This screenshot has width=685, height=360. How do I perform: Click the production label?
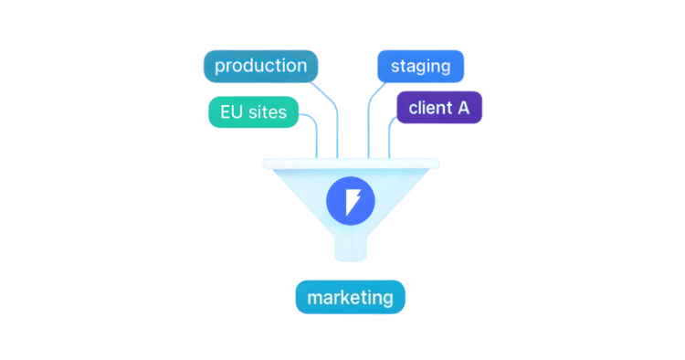tap(260, 66)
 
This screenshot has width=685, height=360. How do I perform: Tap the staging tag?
tap(420, 67)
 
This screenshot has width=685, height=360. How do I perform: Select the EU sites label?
tap(253, 112)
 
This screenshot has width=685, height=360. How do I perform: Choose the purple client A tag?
tap(438, 108)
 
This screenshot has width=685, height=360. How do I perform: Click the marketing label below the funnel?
tap(350, 298)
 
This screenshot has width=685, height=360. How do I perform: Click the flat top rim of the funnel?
tap(351, 164)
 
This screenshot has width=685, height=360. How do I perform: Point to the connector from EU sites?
tap(317, 137)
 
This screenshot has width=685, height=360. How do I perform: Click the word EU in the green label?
tap(231, 112)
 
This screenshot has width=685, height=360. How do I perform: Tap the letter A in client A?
tap(463, 108)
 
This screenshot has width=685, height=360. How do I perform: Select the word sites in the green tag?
tap(267, 112)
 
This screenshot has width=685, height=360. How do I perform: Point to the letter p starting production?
tap(220, 68)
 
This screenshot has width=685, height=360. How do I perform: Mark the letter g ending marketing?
tap(387, 301)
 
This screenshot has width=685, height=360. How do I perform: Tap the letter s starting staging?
tap(395, 67)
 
